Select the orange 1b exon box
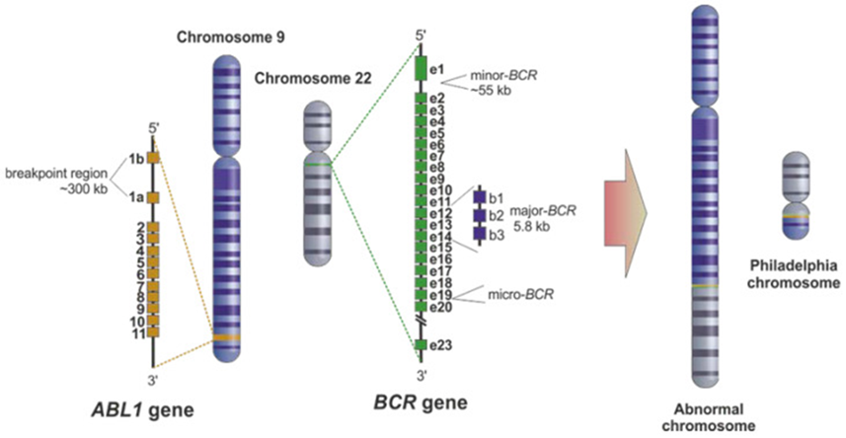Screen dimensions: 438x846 tap(154, 157)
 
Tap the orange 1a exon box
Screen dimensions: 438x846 tap(154, 197)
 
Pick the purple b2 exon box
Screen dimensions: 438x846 tap(481, 214)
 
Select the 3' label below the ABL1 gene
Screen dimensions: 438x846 tap(153, 375)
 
